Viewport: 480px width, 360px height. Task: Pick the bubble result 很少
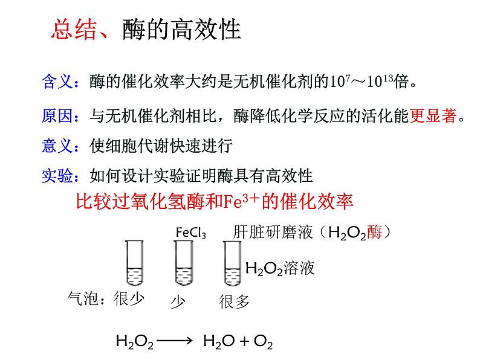[x=129, y=299]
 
